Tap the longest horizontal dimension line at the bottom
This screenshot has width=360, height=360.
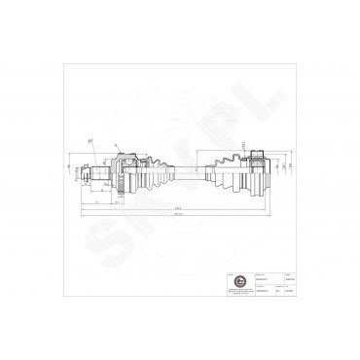175,216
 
